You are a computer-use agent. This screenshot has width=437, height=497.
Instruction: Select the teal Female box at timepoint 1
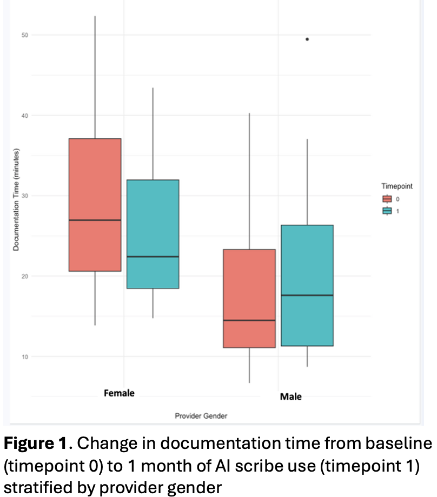[x=153, y=216]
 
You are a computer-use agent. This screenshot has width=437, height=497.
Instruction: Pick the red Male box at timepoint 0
[x=250, y=286]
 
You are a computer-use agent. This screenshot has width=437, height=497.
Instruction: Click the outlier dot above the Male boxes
[x=307, y=39]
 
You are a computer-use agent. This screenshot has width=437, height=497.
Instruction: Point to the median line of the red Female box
[x=95, y=220]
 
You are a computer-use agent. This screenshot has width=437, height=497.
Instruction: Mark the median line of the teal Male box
[x=307, y=295]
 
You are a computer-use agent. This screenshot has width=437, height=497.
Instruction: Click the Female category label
[x=119, y=393]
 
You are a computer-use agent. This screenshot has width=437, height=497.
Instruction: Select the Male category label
[x=290, y=397]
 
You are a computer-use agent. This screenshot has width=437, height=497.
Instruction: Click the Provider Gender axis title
[x=201, y=416]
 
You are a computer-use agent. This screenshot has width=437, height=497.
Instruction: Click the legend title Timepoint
[x=397, y=186]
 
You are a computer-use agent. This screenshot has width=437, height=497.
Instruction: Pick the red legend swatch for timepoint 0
[x=387, y=199]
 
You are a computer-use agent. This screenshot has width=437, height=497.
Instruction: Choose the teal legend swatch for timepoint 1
[x=387, y=211]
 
